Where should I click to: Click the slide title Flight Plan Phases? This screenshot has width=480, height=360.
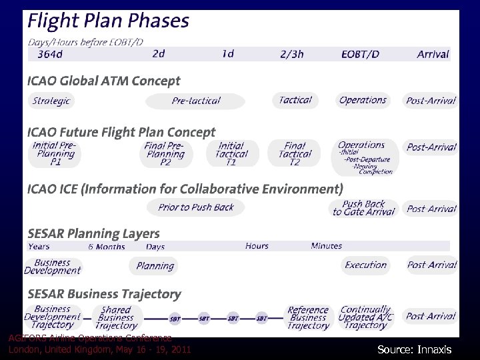pyautogui.click(x=108, y=21)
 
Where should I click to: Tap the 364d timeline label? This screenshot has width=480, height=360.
pyautogui.click(x=51, y=54)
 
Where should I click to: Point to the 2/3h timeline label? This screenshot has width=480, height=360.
pyautogui.click(x=292, y=54)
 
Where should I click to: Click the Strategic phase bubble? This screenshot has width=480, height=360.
pyautogui.click(x=51, y=101)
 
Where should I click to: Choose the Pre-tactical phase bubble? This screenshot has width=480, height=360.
pyautogui.click(x=195, y=101)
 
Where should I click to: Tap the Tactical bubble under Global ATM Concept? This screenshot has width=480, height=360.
pyautogui.click(x=295, y=100)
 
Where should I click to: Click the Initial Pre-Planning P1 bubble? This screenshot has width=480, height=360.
pyautogui.click(x=55, y=153)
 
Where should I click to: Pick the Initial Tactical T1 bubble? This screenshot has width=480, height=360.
pyautogui.click(x=231, y=153)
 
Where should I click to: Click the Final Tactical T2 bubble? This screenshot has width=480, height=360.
pyautogui.click(x=294, y=153)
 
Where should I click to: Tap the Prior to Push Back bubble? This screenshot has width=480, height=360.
pyautogui.click(x=195, y=207)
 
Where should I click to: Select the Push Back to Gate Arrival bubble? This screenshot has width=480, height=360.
pyautogui.click(x=364, y=208)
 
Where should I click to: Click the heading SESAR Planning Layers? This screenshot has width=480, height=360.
pyautogui.click(x=94, y=233)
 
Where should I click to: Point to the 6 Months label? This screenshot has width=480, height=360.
pyautogui.click(x=107, y=246)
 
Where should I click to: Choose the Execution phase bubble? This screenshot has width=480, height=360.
pyautogui.click(x=365, y=265)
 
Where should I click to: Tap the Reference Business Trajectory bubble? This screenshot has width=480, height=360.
pyautogui.click(x=308, y=317)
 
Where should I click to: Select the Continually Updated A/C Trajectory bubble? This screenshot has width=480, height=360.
pyautogui.click(x=365, y=317)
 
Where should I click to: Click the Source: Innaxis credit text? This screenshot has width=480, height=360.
pyautogui.click(x=414, y=349)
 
